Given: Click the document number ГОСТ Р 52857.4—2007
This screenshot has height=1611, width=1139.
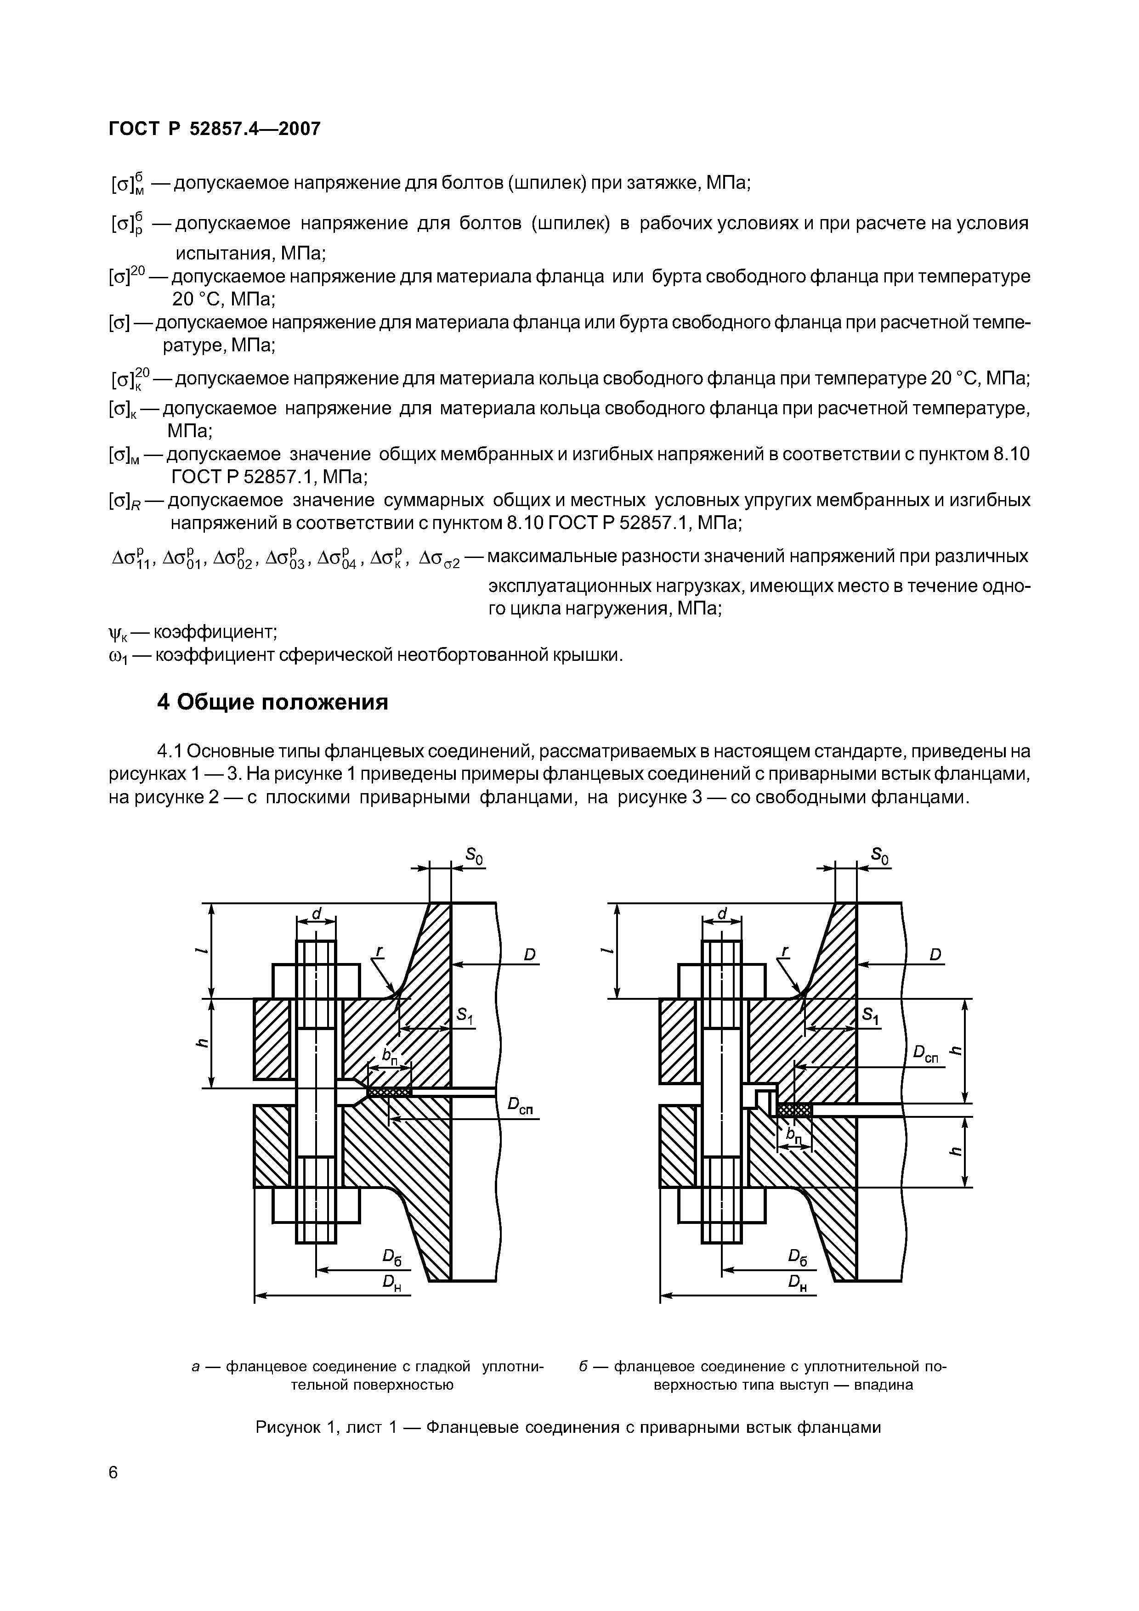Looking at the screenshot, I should [x=214, y=129].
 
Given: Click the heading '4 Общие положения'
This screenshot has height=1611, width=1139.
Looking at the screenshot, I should [x=272, y=702].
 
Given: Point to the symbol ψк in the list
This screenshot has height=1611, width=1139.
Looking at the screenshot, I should [x=117, y=633].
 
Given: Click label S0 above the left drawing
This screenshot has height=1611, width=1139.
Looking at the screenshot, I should [x=475, y=856].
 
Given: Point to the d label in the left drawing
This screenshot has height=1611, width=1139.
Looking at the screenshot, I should [x=317, y=913].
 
